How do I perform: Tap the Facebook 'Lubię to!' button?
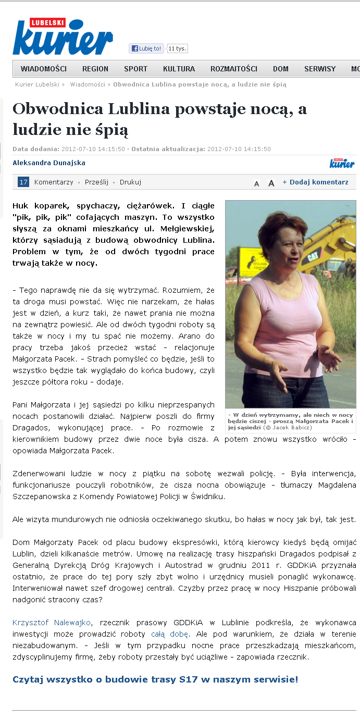[146, 48]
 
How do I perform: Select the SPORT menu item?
[135, 69]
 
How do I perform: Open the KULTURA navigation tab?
[179, 69]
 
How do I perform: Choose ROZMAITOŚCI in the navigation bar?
[234, 69]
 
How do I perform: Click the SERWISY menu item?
[320, 69]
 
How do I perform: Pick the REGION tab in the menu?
[95, 69]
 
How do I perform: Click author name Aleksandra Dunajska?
[49, 163]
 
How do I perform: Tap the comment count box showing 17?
[23, 182]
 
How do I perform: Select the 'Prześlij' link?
[96, 182]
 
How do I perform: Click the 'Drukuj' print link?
[130, 182]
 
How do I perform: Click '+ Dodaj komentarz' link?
[315, 182]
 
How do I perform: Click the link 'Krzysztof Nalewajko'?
[52, 622]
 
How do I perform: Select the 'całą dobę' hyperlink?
[165, 634]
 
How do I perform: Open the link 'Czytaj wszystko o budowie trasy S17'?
[155, 679]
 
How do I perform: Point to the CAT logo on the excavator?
[313, 257]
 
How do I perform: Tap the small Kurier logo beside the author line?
[342, 163]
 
